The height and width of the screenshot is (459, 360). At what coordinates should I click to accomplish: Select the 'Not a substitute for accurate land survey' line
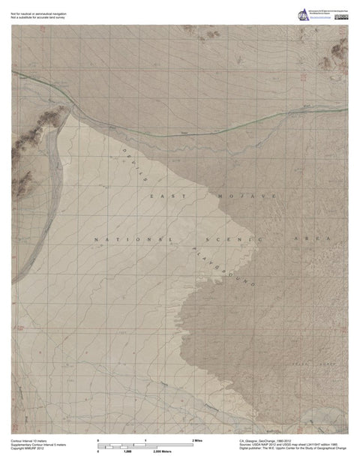pyautogui.click(x=38, y=16)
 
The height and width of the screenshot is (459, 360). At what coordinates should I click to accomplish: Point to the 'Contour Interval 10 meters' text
pyautogui.click(x=30, y=441)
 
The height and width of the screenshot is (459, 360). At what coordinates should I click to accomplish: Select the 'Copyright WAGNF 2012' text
pyautogui.click(x=27, y=450)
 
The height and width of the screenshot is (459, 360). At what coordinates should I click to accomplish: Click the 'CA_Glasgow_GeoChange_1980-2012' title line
pyautogui.click(x=274, y=441)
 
